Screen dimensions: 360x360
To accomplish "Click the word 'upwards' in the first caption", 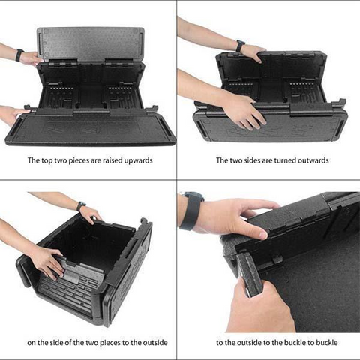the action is (x=138, y=160).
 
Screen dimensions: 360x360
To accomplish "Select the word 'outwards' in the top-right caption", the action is (x=313, y=160).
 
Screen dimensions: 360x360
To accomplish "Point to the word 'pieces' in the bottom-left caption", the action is (x=109, y=342).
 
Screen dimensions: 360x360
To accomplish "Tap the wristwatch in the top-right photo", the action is (x=240, y=46).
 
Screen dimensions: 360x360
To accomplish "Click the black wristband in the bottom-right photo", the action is (x=192, y=210).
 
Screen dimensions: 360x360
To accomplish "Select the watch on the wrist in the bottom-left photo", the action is (x=81, y=206).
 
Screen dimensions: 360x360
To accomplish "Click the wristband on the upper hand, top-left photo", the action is (x=19, y=55).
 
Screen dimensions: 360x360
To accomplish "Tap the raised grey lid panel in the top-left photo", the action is (x=91, y=44).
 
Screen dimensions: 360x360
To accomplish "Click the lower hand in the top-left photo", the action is (x=13, y=115).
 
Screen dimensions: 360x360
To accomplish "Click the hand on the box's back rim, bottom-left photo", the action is (x=91, y=215).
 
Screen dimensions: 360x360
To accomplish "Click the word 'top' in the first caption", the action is (x=47, y=160).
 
